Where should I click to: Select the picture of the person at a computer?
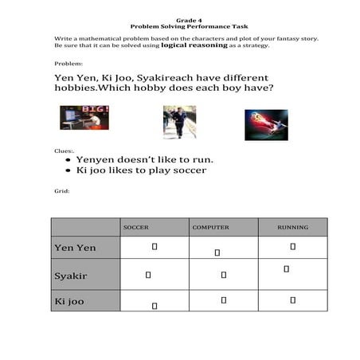tap(84, 118)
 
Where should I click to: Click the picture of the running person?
tap(179, 122)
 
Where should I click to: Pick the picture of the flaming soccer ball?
tap(266, 124)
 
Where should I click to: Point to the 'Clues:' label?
tap(63, 150)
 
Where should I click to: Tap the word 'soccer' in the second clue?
tap(189, 170)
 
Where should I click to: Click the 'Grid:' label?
tap(61, 191)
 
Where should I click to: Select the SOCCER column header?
tap(135, 227)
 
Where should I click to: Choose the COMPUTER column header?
tap(210, 227)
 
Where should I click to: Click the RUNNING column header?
tap(292, 227)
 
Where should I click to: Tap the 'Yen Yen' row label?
tap(75, 248)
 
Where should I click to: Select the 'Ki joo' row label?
tap(69, 302)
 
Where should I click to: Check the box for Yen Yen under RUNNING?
tap(293, 247)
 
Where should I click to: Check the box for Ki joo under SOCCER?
tap(155, 305)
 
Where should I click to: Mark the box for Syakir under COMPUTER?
tap(224, 275)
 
